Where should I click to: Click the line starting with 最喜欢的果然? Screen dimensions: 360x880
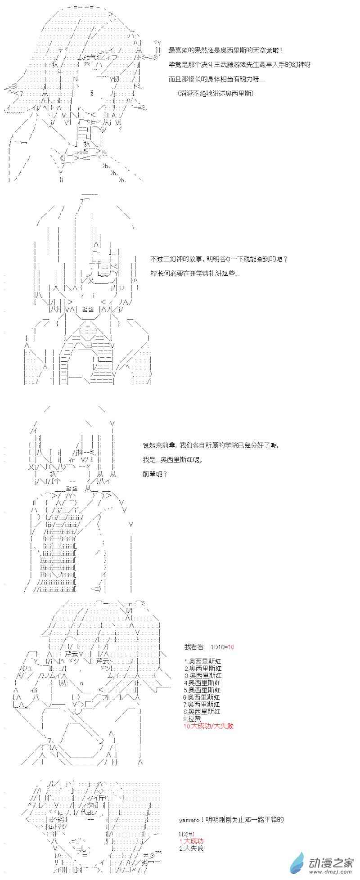coord(226,50)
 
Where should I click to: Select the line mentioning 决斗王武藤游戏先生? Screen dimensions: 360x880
coord(240,65)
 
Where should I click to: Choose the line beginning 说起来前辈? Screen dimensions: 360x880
coord(210,445)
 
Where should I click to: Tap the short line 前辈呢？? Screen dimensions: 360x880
coord(155,474)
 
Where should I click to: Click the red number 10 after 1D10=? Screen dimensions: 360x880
coord(230,647)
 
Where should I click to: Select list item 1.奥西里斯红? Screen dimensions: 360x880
coord(202,661)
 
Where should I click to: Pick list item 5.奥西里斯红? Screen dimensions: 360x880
coord(202,690)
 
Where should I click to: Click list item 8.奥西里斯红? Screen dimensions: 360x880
coord(202,711)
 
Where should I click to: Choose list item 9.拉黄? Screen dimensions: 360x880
coord(193,718)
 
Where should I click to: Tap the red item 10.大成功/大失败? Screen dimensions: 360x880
coord(209,726)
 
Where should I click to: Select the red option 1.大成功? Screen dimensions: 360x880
coord(191,841)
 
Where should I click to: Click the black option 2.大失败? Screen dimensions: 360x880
coord(191,848)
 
